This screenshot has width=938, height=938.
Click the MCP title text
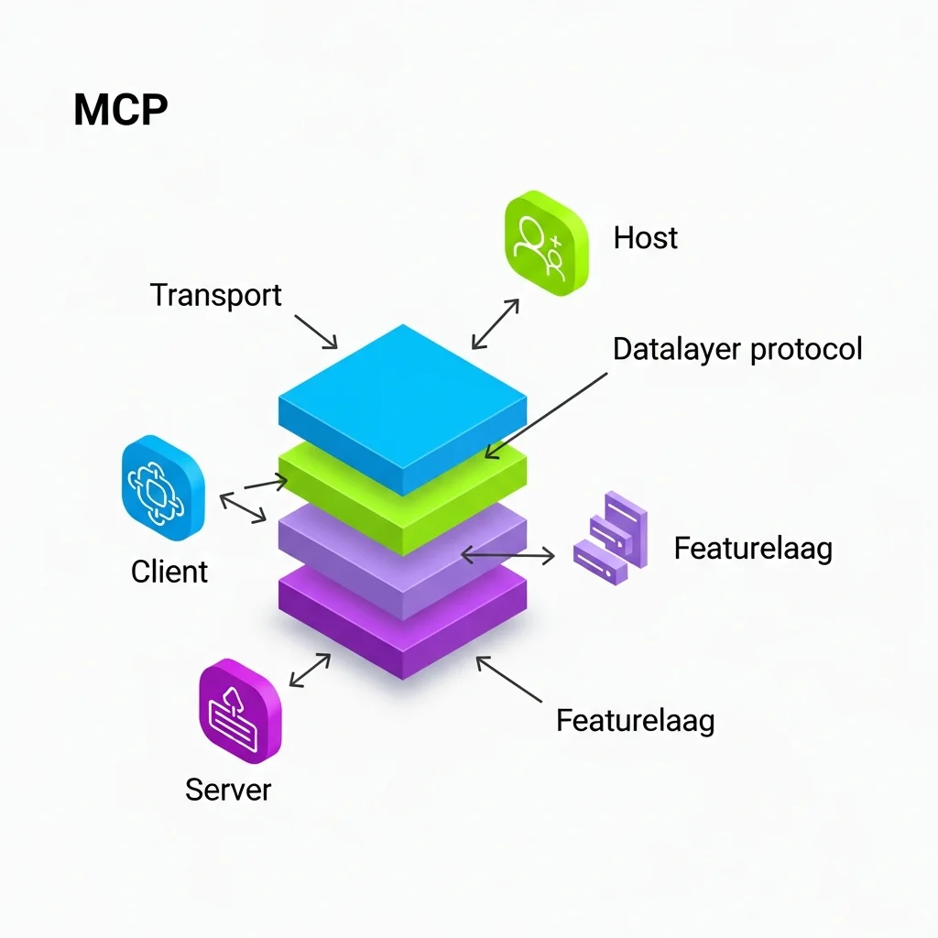(x=120, y=111)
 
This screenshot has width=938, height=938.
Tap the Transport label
(x=215, y=296)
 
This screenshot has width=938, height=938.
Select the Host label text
(x=645, y=238)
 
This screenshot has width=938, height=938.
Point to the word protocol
(x=805, y=349)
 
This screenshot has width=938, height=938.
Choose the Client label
(x=169, y=572)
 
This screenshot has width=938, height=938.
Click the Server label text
(x=228, y=790)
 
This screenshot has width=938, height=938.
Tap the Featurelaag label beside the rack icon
(x=753, y=549)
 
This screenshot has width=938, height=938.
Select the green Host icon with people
(x=546, y=243)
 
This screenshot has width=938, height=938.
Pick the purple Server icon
(x=240, y=710)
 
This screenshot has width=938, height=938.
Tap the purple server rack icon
(x=611, y=538)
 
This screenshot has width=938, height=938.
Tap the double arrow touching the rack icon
(x=508, y=554)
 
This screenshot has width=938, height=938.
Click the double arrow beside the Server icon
(x=310, y=670)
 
